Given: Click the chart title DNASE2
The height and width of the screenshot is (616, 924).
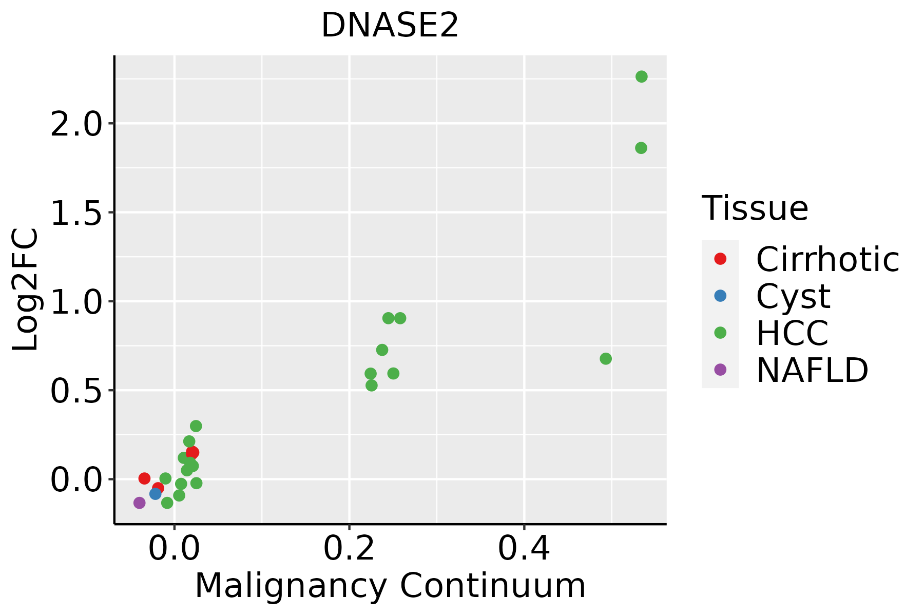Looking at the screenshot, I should [x=390, y=26].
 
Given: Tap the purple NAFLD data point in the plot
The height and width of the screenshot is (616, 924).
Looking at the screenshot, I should [x=139, y=503].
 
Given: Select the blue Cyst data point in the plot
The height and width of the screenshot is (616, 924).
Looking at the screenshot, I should [x=156, y=494].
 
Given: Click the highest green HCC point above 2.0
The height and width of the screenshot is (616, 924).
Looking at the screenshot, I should [x=641, y=76].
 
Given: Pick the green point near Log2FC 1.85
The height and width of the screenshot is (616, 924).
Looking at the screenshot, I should [x=641, y=148].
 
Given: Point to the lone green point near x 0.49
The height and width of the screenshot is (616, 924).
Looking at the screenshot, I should [x=606, y=358].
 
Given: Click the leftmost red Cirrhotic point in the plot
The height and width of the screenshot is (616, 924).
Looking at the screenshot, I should [x=144, y=478].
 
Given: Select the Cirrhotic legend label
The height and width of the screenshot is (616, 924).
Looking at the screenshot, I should [x=827, y=259].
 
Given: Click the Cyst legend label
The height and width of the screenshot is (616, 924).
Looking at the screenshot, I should [x=793, y=296].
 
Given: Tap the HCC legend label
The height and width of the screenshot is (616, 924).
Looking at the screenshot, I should [x=792, y=333].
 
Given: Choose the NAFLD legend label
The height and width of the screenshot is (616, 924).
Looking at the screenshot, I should [x=812, y=370].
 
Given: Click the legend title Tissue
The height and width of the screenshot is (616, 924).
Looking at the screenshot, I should [x=755, y=208].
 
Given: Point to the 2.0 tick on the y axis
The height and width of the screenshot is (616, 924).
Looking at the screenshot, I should [x=76, y=124].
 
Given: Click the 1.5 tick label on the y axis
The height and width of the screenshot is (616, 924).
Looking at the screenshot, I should [x=76, y=213].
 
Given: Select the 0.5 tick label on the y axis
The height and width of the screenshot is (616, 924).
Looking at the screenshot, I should [x=76, y=390].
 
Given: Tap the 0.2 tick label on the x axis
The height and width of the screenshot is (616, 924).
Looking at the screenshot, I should [x=349, y=549].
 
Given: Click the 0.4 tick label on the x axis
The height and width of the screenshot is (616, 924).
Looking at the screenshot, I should [x=524, y=549].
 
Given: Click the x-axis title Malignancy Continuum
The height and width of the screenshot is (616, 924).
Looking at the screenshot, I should [x=390, y=586].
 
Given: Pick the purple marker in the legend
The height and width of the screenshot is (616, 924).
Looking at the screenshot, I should [x=720, y=370].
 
